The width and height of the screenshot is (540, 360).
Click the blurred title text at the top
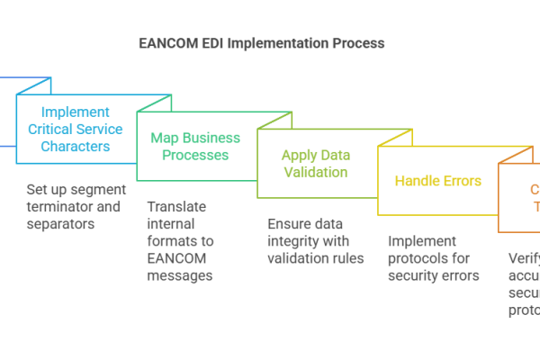[x=259, y=46]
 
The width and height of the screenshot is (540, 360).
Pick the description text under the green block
[x=180, y=247]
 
